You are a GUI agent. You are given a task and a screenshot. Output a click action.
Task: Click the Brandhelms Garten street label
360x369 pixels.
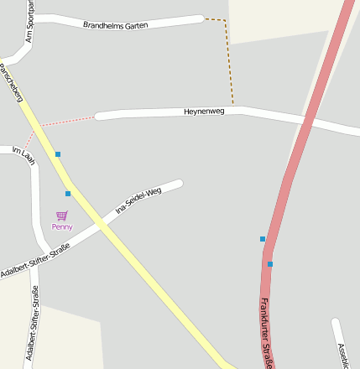[116, 25]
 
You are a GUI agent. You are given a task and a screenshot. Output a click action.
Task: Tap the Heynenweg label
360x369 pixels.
[205, 112]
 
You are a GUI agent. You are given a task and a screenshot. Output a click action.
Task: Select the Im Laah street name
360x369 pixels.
[23, 154]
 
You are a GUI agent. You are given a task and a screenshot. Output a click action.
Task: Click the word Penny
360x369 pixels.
[62, 226]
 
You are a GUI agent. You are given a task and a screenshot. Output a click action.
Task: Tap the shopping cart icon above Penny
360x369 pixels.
[61, 216]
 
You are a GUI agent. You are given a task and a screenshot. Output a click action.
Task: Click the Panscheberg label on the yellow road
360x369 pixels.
[12, 82]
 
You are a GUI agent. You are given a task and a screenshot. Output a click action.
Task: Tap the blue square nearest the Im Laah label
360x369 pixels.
[58, 154]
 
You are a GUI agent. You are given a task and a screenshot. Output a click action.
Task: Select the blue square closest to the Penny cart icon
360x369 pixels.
[68, 194]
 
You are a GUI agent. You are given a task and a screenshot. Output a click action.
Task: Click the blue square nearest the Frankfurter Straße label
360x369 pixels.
[270, 264]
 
